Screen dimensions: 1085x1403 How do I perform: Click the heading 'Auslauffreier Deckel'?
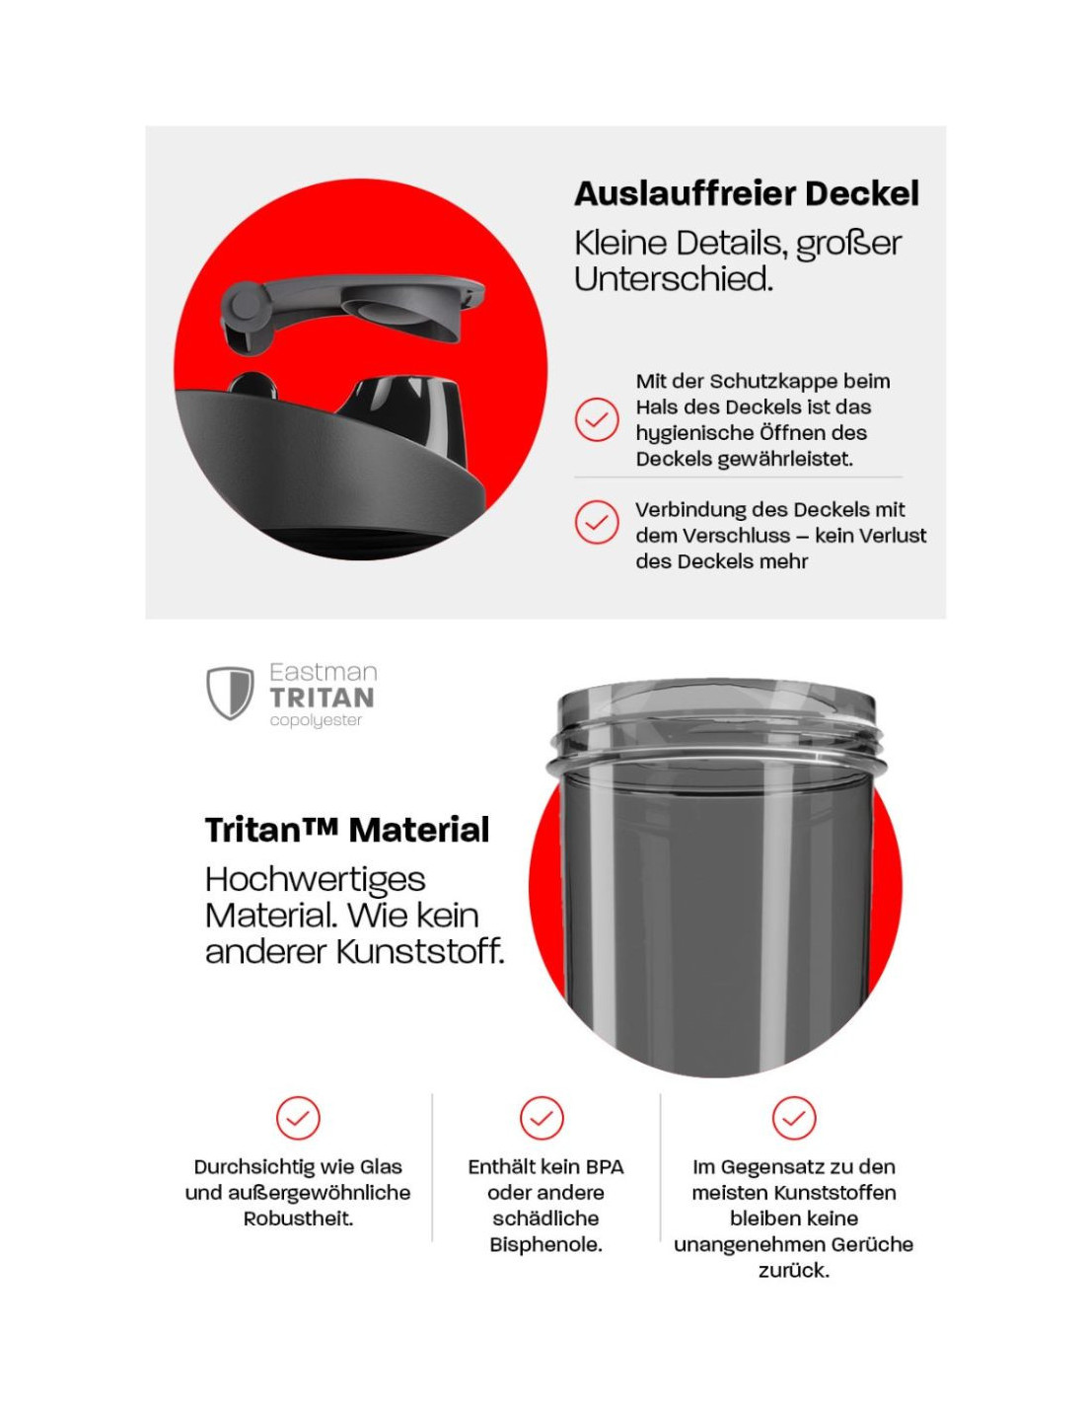click(x=746, y=193)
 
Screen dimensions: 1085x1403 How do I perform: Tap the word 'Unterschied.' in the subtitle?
click(x=674, y=279)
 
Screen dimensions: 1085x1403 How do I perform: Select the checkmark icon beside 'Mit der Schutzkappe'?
click(x=597, y=419)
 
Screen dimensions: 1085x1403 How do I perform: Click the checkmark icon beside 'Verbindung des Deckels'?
click(x=597, y=522)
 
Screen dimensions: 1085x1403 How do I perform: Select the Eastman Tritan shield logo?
click(x=230, y=694)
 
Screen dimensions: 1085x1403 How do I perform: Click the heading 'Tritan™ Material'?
click(x=347, y=830)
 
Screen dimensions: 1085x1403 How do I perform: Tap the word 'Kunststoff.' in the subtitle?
click(x=419, y=951)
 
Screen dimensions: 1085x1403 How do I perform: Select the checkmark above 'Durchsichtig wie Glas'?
click(x=298, y=1118)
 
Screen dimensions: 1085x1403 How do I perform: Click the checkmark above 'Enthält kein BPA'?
click(x=542, y=1118)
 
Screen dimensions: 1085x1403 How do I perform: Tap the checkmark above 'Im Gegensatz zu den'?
click(x=793, y=1118)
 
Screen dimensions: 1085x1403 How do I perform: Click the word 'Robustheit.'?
click(x=298, y=1218)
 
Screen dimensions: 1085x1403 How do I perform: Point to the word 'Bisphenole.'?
click(x=545, y=1244)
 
